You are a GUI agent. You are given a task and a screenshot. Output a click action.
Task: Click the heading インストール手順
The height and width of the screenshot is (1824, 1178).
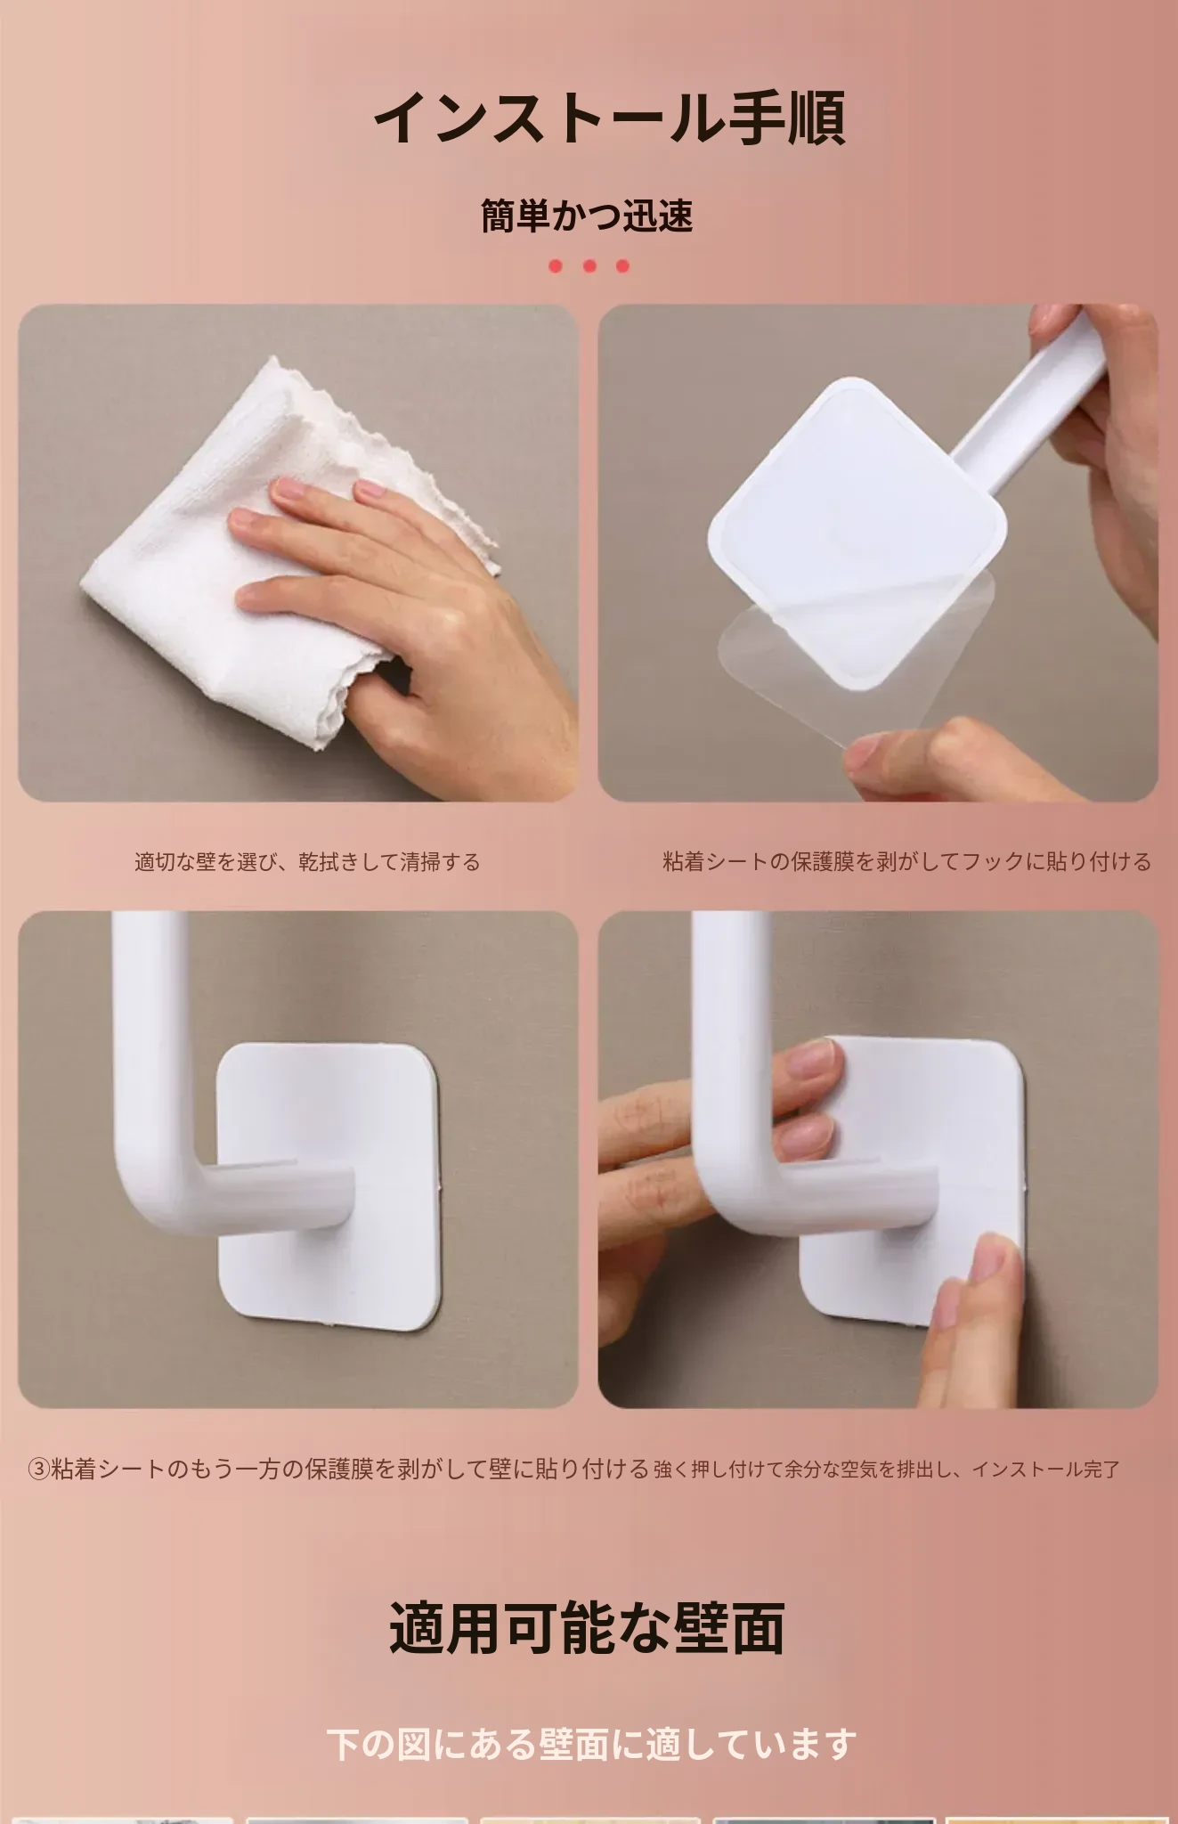(x=609, y=118)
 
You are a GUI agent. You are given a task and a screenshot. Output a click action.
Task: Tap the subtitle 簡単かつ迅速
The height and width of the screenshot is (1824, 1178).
(x=588, y=216)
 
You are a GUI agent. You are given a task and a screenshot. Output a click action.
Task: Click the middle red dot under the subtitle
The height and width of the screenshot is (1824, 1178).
(x=589, y=265)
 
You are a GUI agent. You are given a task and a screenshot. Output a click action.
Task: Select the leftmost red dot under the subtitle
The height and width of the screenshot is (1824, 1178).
(x=556, y=265)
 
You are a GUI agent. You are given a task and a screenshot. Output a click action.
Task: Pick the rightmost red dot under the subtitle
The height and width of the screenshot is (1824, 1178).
(x=622, y=265)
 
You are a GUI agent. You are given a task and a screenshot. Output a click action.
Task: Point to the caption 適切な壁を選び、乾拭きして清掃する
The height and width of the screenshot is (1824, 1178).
(x=307, y=862)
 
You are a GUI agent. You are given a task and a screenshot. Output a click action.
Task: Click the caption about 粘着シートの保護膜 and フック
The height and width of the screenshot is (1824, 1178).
(x=906, y=862)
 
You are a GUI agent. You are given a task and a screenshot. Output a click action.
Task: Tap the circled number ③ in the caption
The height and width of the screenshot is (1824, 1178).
(x=38, y=1470)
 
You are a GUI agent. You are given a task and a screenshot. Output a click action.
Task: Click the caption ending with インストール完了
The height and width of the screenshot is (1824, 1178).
(x=886, y=1470)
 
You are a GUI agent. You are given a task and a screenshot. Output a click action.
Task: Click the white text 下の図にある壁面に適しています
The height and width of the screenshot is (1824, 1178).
(x=591, y=1745)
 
